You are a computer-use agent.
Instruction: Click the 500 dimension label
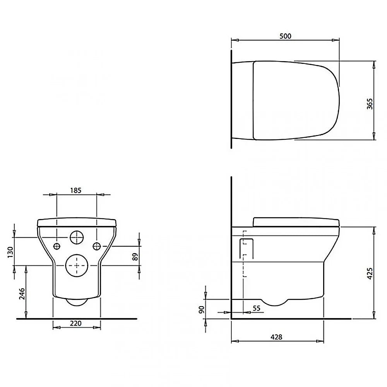point(285,36)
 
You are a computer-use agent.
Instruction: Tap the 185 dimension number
point(76,190)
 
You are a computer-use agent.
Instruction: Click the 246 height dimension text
point(22,295)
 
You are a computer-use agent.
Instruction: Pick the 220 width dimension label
point(76,324)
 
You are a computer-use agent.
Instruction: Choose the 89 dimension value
point(135,257)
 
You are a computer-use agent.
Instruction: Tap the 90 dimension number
point(201,310)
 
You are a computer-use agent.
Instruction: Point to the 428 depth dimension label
point(276,337)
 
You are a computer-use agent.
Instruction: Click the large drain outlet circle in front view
point(77,265)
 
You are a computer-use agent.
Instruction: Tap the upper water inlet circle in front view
point(77,238)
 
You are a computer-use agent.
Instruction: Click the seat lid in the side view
point(296,221)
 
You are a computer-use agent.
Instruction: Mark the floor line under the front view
point(77,319)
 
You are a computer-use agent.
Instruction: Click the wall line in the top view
point(231,99)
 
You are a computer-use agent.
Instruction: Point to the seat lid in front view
point(77,223)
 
